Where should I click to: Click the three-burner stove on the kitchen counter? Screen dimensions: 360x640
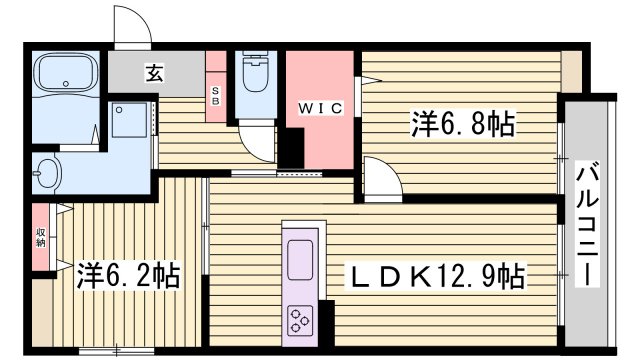(299, 319)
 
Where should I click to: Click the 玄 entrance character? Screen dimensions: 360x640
(157, 72)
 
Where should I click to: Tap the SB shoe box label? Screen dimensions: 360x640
(215, 96)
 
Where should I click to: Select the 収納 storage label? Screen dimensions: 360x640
(40, 237)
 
